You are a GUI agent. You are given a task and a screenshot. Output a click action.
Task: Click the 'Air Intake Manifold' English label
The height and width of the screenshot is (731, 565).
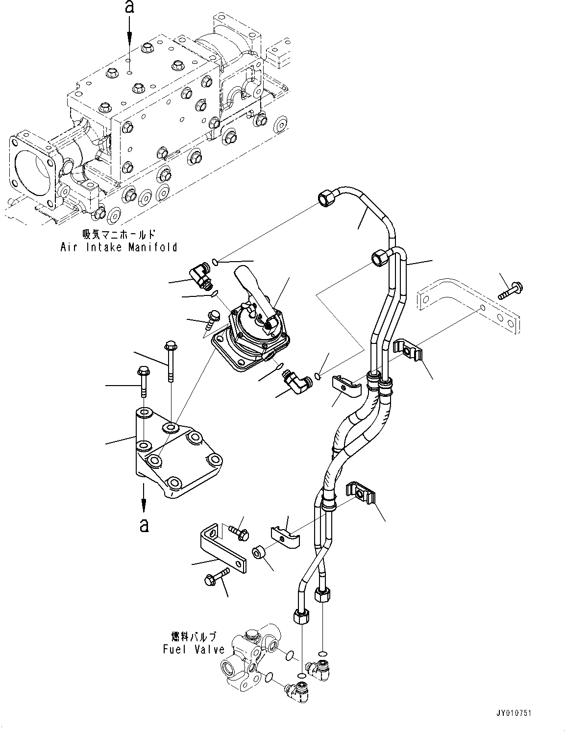[118, 247]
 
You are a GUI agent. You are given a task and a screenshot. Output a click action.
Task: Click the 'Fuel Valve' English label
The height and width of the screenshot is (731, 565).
[194, 650]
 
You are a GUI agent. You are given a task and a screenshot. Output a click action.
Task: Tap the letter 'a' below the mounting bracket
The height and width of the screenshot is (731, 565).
[144, 525]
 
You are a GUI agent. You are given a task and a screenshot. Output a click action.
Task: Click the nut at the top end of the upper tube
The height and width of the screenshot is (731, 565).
[325, 198]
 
